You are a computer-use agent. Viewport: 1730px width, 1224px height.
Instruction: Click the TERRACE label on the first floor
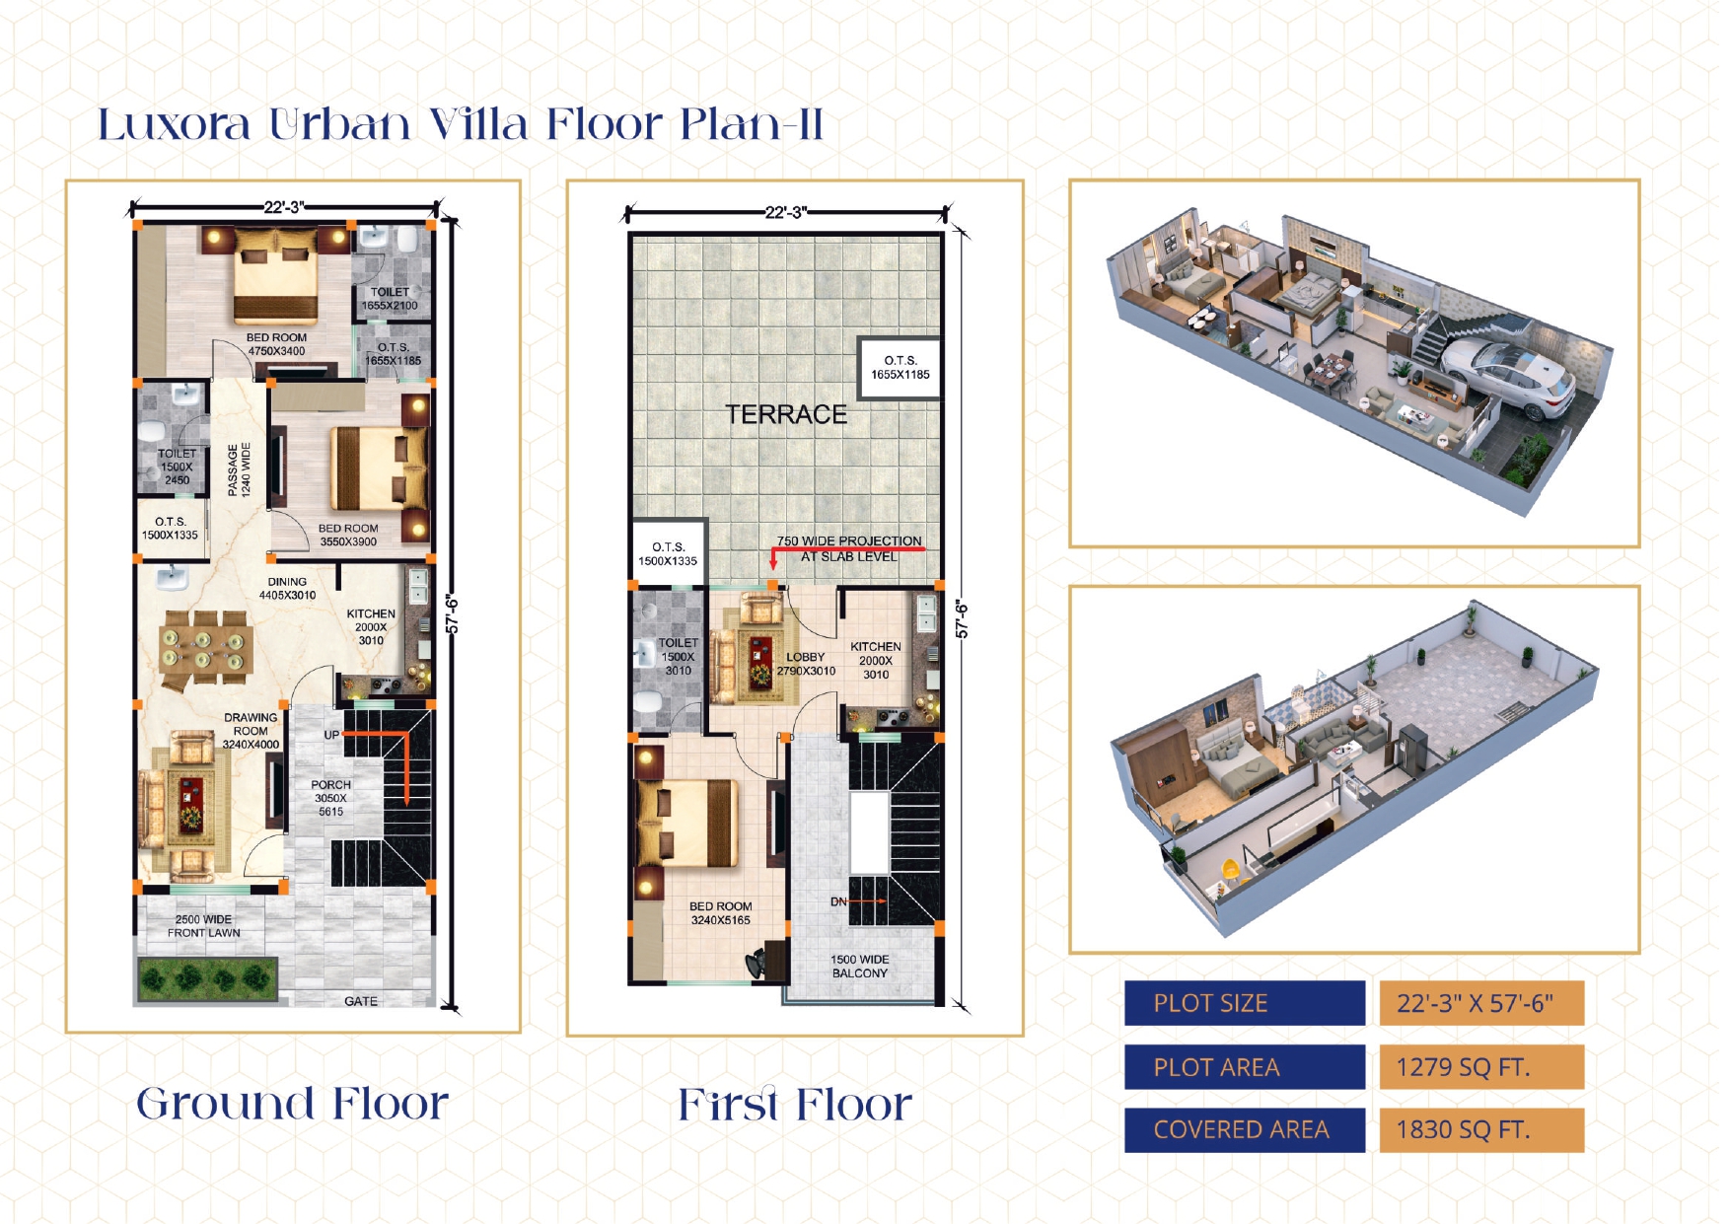(x=786, y=414)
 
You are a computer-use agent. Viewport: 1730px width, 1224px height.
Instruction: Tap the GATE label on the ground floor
(x=361, y=1001)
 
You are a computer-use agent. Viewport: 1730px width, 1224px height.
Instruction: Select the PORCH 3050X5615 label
(x=331, y=798)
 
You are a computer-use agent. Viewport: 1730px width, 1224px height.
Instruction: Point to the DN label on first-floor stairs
(x=838, y=901)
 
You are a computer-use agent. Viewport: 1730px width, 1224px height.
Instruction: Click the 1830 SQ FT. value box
(x=1481, y=1129)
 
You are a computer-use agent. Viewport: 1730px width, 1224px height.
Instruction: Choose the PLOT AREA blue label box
(x=1245, y=1067)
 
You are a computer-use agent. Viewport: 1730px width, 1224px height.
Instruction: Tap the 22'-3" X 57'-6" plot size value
(x=1475, y=1003)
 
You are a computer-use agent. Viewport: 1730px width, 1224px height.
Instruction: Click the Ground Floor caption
(x=292, y=1103)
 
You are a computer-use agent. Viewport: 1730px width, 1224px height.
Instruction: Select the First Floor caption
(x=795, y=1104)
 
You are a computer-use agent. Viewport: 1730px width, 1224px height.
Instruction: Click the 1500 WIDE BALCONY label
(x=860, y=967)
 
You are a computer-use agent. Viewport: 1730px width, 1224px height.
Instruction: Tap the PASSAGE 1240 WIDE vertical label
(x=239, y=469)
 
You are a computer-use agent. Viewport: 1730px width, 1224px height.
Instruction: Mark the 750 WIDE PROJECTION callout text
(x=849, y=548)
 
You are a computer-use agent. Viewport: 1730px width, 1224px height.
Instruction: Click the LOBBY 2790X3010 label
(x=806, y=664)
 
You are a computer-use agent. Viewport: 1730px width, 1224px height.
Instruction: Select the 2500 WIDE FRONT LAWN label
(x=203, y=926)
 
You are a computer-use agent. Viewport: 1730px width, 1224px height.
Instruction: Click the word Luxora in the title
(x=175, y=125)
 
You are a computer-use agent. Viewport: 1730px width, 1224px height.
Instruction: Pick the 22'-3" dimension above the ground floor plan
(x=284, y=207)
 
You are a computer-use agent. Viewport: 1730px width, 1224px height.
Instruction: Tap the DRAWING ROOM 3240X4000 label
(x=251, y=731)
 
